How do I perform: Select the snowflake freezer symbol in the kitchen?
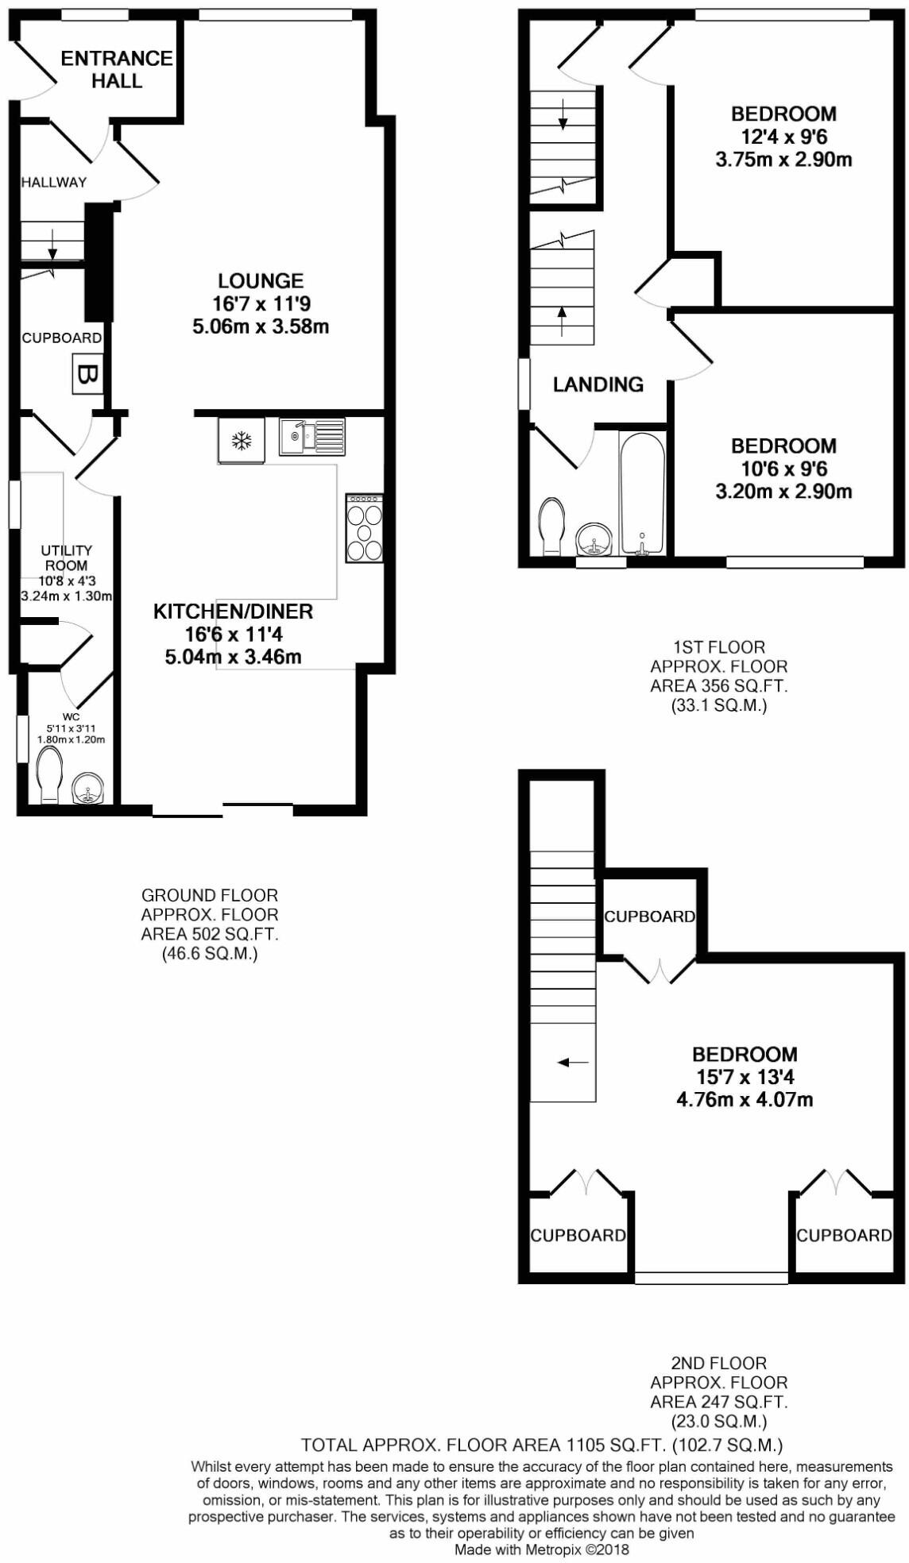click(241, 439)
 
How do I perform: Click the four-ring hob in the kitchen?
click(364, 528)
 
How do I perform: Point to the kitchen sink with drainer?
click(311, 436)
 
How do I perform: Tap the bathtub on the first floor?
click(641, 493)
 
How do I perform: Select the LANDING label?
click(598, 384)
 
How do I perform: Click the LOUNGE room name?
click(261, 280)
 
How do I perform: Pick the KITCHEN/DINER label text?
click(233, 612)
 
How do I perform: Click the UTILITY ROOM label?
click(66, 558)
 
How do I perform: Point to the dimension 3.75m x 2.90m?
click(783, 159)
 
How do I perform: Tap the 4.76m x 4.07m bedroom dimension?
click(745, 1100)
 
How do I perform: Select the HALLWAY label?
click(53, 182)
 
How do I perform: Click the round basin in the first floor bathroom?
click(594, 540)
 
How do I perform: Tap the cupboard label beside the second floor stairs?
click(649, 917)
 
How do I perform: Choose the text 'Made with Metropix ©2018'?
click(541, 1549)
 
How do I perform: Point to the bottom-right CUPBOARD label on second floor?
click(844, 1235)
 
